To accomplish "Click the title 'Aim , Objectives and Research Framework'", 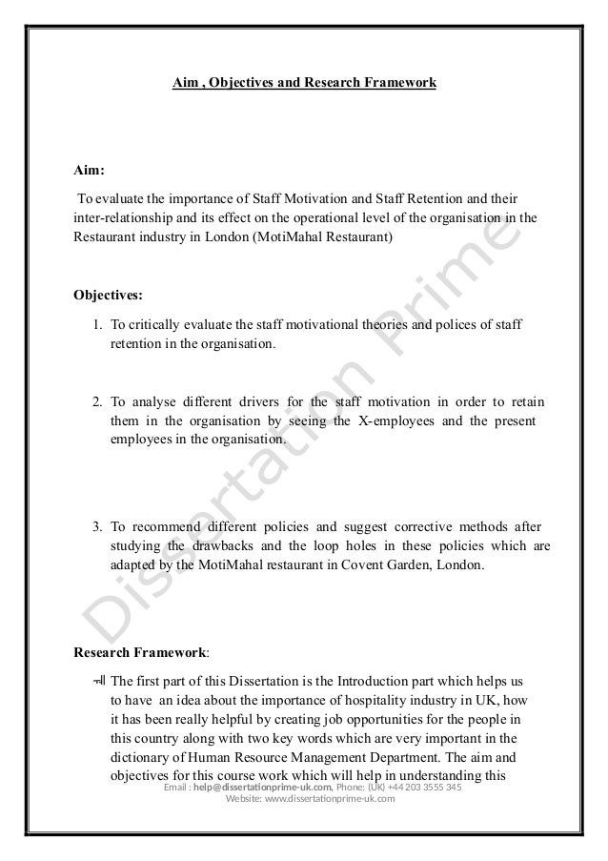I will coord(304,84).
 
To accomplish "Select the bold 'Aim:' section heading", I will coord(90,172).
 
